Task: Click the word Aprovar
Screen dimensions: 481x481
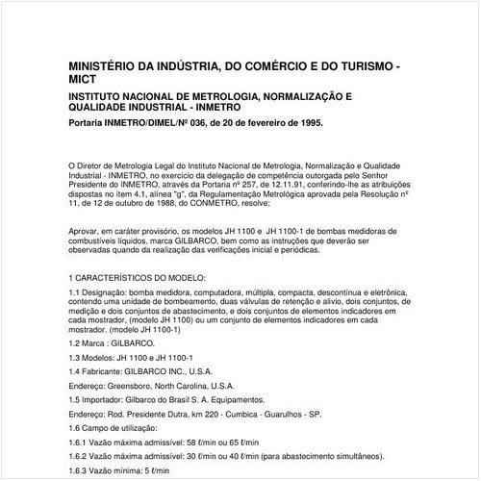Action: (86, 231)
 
